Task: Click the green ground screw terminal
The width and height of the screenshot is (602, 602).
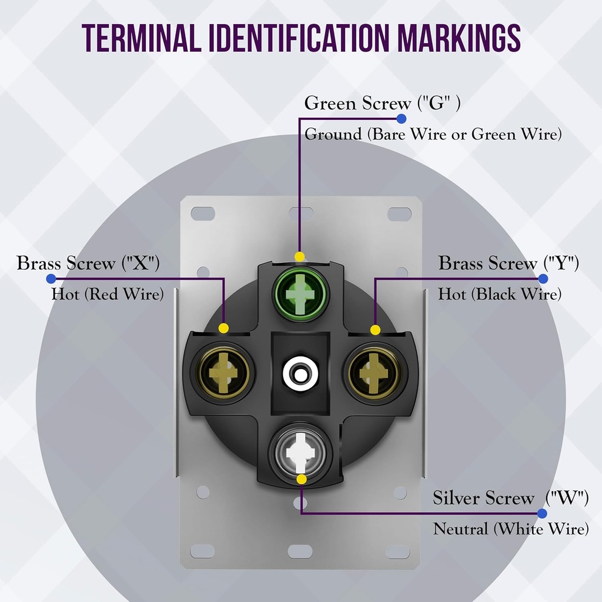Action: (300, 294)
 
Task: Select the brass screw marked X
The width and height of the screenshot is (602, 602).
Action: (224, 373)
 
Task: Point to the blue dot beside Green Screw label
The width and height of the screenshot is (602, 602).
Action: (401, 119)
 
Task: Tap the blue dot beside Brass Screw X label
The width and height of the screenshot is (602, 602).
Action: (51, 279)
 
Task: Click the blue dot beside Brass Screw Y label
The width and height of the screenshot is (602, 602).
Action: (543, 279)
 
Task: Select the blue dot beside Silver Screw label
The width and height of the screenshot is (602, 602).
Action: (542, 513)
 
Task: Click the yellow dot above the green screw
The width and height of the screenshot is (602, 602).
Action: (299, 256)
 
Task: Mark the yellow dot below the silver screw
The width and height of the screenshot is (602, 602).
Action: (302, 480)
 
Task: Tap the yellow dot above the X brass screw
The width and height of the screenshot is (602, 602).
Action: (224, 328)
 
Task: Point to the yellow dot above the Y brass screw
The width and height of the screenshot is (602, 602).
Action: (376, 330)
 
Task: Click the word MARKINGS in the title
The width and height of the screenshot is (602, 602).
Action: (459, 38)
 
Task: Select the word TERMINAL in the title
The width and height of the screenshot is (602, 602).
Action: (141, 38)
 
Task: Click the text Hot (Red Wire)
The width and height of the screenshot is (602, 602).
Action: (108, 295)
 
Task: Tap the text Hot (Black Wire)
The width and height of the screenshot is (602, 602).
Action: (500, 295)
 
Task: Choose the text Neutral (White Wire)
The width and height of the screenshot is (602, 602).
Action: (511, 529)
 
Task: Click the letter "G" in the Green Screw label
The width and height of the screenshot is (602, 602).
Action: (436, 103)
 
